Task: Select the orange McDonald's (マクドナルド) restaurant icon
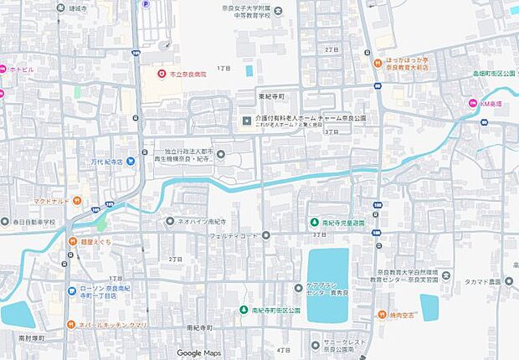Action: click(x=76, y=200)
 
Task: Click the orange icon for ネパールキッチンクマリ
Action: click(x=71, y=323)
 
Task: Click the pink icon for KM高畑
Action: click(x=472, y=103)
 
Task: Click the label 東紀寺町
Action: click(x=274, y=95)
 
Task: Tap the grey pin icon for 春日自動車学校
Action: click(x=6, y=223)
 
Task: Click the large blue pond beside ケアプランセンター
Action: click(x=327, y=285)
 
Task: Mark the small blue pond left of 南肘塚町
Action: click(x=17, y=314)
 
